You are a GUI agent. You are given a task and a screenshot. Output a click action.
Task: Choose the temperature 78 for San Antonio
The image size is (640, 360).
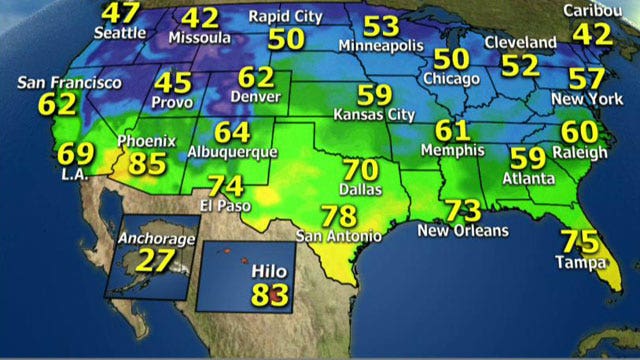point(340,216)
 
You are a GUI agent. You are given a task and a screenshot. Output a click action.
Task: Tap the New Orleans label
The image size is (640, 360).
point(463,230)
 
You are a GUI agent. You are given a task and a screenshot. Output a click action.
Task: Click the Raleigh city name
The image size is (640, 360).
point(584,152)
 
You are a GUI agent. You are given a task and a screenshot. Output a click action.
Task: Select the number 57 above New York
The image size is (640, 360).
point(585,79)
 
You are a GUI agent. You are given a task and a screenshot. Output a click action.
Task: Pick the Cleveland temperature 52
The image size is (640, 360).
point(521,65)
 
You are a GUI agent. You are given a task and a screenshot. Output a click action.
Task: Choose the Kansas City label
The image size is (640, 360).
point(373,115)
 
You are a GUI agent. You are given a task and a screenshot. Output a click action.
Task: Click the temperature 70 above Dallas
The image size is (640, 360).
point(362,171)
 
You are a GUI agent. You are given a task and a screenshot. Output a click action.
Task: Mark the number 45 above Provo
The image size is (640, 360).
point(179,83)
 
